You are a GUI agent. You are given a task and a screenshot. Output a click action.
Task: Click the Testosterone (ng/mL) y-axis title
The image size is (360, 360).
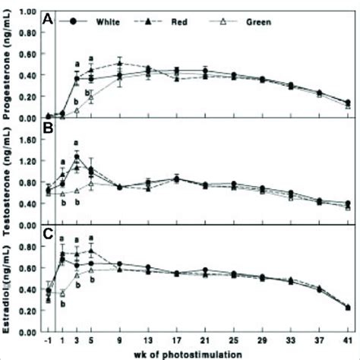[x=8, y=174]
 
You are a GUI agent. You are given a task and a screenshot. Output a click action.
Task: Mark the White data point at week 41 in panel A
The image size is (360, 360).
[x=346, y=103]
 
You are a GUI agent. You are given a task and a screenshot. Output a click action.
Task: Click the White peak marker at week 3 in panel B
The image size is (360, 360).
[x=77, y=157]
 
